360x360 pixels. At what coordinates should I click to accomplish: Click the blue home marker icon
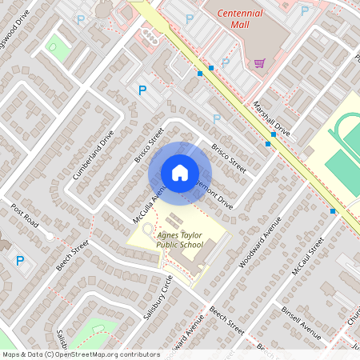tap(180, 172)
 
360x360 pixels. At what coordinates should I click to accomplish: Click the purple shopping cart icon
tap(259, 62)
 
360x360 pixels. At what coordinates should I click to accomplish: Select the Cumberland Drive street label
tap(94, 154)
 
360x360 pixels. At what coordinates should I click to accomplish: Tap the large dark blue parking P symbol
tap(143, 90)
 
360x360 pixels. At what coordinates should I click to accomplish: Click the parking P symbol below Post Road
tap(21, 260)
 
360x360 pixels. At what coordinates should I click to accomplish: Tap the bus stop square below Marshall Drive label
tap(274, 134)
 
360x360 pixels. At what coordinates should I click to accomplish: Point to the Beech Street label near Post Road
tap(72, 256)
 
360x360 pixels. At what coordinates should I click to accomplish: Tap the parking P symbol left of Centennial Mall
tap(190, 18)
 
